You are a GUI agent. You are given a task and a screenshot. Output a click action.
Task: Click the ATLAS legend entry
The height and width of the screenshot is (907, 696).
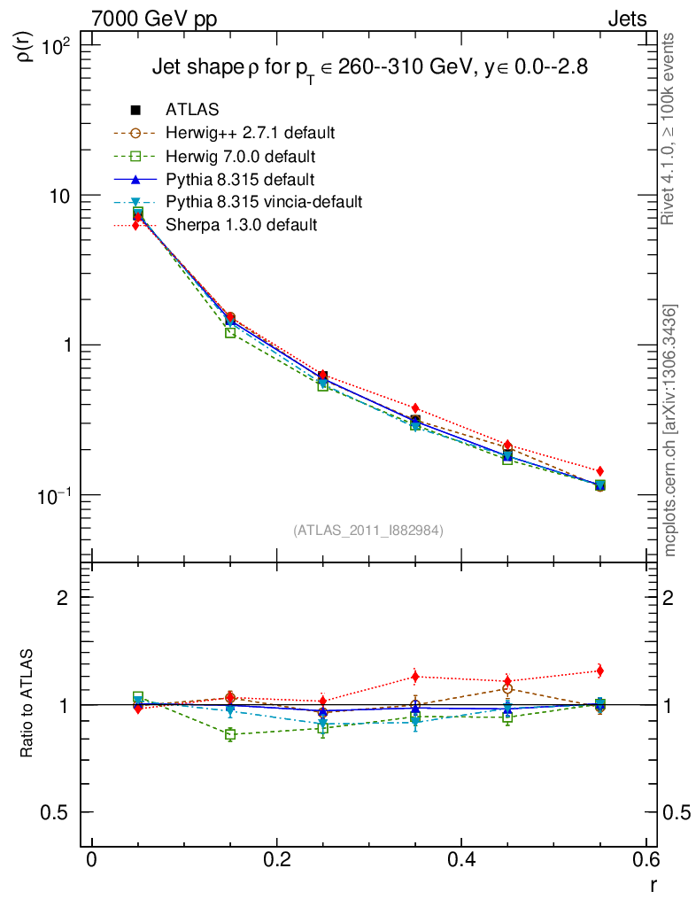tap(192, 110)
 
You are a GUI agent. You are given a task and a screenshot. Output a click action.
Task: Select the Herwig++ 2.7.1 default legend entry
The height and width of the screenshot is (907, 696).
tap(250, 133)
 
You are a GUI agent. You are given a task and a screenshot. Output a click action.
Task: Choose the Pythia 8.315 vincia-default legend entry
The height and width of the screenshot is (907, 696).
tap(263, 202)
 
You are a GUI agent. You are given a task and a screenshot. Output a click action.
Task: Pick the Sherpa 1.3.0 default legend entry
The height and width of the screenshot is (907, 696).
tap(241, 225)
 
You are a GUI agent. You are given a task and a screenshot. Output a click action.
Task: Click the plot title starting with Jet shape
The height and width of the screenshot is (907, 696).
tap(369, 67)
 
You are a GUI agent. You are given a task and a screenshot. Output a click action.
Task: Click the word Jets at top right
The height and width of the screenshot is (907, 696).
tap(626, 19)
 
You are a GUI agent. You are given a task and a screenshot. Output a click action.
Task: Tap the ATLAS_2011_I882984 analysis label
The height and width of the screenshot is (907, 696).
tap(368, 530)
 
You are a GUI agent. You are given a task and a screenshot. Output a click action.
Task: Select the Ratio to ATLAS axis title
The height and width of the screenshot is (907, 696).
tap(27, 704)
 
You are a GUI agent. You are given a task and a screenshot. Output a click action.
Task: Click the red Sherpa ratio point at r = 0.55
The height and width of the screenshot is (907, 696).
tap(599, 671)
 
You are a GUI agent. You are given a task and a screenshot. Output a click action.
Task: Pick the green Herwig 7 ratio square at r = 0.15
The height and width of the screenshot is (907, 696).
tap(230, 735)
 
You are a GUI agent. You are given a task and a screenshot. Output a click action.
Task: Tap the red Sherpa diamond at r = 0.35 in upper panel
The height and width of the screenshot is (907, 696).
tap(415, 408)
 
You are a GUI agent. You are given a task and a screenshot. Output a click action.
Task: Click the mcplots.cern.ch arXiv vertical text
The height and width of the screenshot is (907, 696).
tap(671, 430)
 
